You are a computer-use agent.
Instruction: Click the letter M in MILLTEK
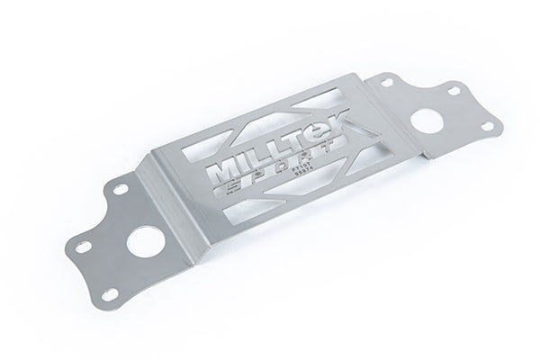coord(224,171)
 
